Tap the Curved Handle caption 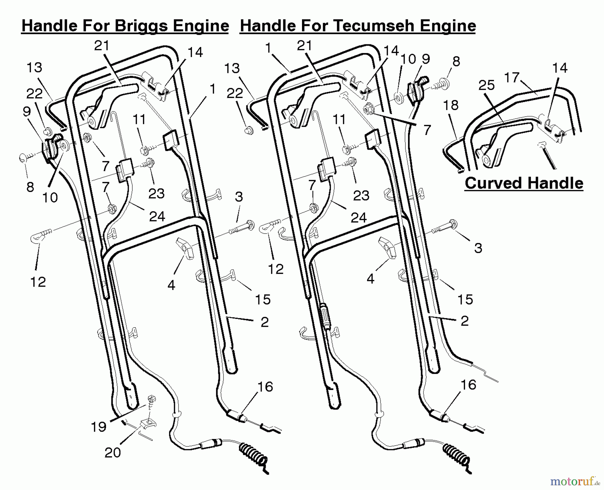click(524, 183)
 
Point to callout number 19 click(99, 427)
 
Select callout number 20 click(112, 452)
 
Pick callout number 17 click(512, 78)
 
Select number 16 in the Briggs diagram click(265, 387)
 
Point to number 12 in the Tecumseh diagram click(276, 269)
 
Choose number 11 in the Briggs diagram click(139, 119)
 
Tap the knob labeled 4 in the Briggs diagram click(185, 248)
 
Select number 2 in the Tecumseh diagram click(464, 321)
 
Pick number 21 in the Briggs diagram click(102, 46)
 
